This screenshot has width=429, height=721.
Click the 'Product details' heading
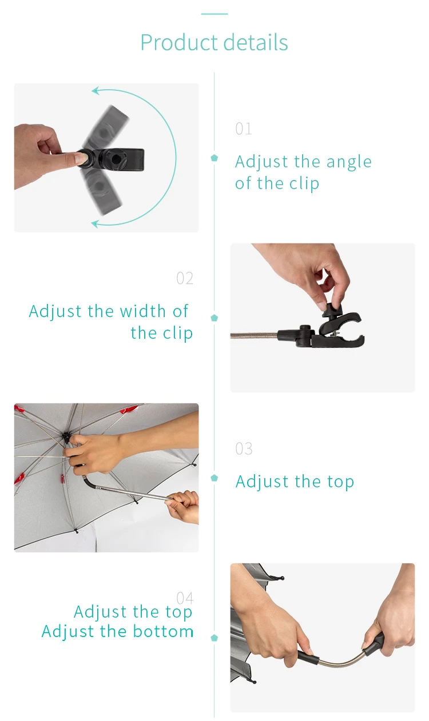coord(214,42)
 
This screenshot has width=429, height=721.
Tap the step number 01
coord(244,129)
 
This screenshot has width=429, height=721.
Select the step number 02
coord(185,278)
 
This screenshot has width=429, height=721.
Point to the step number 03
coord(244,448)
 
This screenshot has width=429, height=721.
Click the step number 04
coord(185,598)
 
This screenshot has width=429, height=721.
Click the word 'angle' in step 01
coord(349,163)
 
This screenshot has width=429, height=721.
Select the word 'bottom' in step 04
coord(163,631)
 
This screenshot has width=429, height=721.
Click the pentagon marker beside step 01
coord(214,158)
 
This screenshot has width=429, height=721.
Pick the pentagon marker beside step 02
coord(214,318)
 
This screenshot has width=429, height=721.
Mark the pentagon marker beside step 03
coord(214,478)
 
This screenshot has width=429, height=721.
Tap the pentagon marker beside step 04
coord(214,638)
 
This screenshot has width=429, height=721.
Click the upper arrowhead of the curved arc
coord(95,91)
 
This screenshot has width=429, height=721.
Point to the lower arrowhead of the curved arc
coord(95,224)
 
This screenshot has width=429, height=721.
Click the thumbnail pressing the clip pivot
coord(81,158)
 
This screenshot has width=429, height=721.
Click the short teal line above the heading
coord(214,14)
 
